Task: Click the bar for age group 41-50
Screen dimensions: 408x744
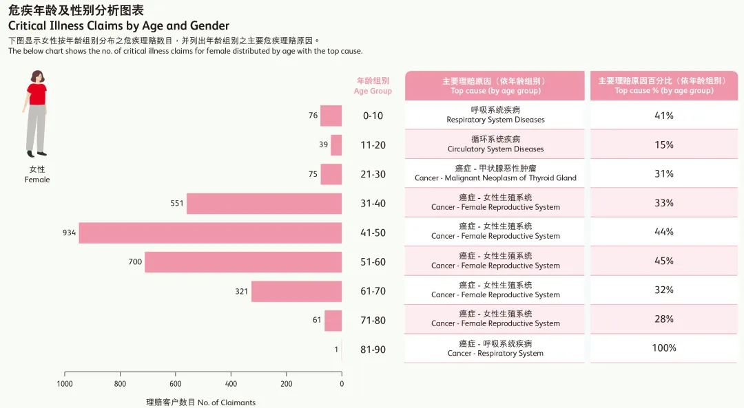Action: coord(210,233)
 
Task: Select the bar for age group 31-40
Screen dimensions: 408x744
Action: coord(264,204)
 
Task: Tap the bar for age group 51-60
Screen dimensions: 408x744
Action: coord(243,262)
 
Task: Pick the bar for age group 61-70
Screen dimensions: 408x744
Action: coord(296,291)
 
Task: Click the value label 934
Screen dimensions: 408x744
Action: coord(69,233)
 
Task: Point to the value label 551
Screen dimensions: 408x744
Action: coord(177,204)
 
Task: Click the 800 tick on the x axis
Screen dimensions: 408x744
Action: coord(121,384)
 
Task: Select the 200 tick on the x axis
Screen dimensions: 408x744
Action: coord(286,384)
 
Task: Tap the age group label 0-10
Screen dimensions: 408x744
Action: coord(373,116)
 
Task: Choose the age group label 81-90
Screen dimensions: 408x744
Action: coord(373,350)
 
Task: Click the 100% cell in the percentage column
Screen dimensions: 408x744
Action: coord(664,348)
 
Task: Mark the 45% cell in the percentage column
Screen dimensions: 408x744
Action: coord(664,261)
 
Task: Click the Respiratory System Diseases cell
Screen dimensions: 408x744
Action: coord(495,115)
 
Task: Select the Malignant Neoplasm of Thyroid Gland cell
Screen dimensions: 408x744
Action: coord(495,173)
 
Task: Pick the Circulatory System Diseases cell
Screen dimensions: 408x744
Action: coord(495,144)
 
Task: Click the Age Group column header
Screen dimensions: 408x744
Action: coord(373,86)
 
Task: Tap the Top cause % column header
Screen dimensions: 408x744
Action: coord(664,86)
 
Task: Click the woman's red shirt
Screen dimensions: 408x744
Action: coord(37,94)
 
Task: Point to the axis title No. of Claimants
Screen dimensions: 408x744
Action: coord(200,402)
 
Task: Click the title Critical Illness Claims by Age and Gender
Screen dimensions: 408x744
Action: coord(118,26)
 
